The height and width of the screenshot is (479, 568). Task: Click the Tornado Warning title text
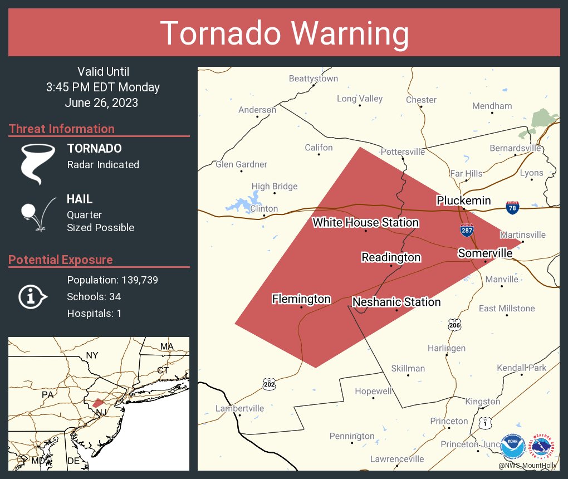[x=284, y=33]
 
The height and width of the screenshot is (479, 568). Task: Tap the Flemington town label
[x=301, y=299]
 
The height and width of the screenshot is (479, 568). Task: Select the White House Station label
[x=365, y=222]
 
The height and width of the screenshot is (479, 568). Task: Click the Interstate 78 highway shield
[x=513, y=208]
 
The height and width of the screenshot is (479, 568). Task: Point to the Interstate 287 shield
[x=467, y=230]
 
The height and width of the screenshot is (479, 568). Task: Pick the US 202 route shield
[x=268, y=384]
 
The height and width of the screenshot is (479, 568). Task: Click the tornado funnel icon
[x=38, y=163]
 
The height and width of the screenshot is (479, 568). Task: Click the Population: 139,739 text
[x=112, y=280]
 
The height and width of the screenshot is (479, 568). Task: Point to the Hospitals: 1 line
[x=94, y=313]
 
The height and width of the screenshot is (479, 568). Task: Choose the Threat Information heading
[x=62, y=129]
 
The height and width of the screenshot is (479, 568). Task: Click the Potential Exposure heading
[x=61, y=260]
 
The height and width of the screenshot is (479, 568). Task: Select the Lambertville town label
[x=239, y=408]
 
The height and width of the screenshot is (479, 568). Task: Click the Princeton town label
[x=449, y=421]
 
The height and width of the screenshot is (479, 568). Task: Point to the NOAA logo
[x=512, y=447]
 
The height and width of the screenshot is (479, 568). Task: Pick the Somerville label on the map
[x=485, y=253]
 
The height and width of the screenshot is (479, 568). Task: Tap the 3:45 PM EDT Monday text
[x=103, y=87]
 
